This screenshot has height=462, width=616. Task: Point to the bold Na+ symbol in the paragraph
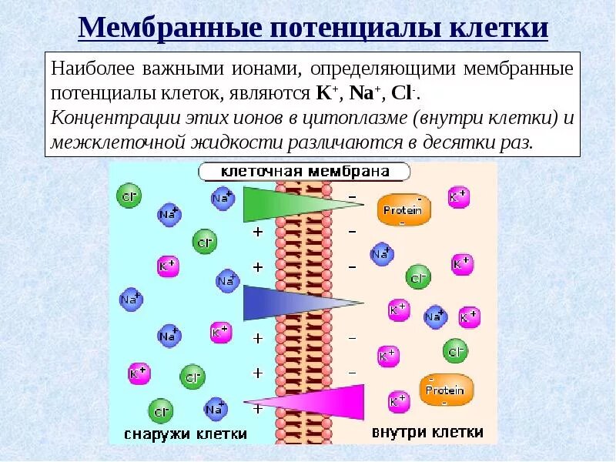coord(364,94)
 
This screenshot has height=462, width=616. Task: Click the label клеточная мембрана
coord(305,172)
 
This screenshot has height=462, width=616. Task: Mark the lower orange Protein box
coord(445,389)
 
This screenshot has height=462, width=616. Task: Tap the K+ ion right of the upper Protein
coord(458,196)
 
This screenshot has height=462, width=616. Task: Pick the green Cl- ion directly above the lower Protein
coord(455,351)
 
